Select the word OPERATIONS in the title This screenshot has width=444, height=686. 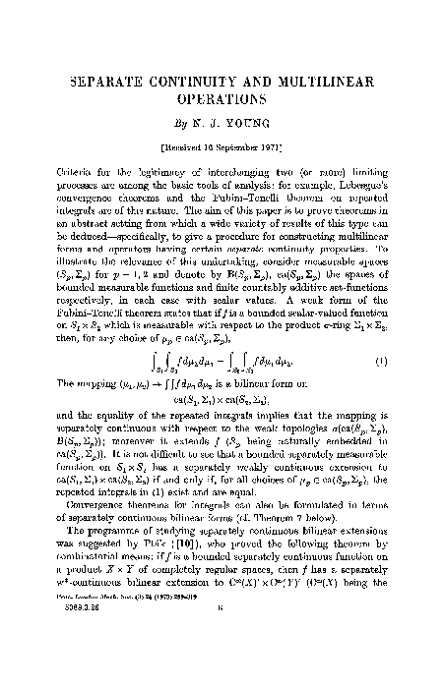click(x=222, y=99)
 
